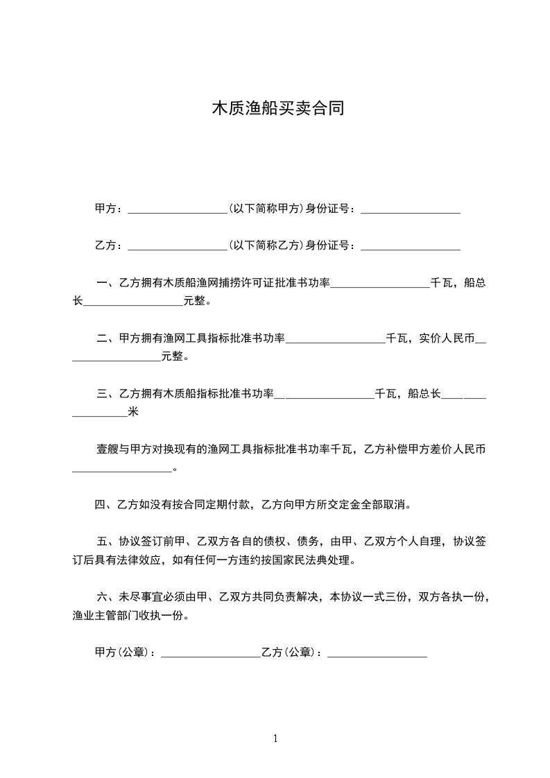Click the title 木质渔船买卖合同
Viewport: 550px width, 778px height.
coord(277,109)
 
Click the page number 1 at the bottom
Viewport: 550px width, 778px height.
coord(275,738)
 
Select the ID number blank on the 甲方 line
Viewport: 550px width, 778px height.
coord(411,209)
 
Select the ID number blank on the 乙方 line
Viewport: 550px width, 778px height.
coord(411,245)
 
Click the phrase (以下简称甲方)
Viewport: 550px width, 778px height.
coord(266,208)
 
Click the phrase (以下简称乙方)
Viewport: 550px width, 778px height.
coord(266,245)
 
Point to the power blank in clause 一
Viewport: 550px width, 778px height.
coord(380,283)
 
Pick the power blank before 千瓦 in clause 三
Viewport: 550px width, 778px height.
coord(325,395)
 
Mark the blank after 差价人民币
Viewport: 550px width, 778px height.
coord(122,469)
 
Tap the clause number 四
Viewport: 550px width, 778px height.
coord(101,505)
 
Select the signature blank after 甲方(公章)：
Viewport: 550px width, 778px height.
coord(211,653)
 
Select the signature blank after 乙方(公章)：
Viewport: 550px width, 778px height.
coord(377,653)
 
